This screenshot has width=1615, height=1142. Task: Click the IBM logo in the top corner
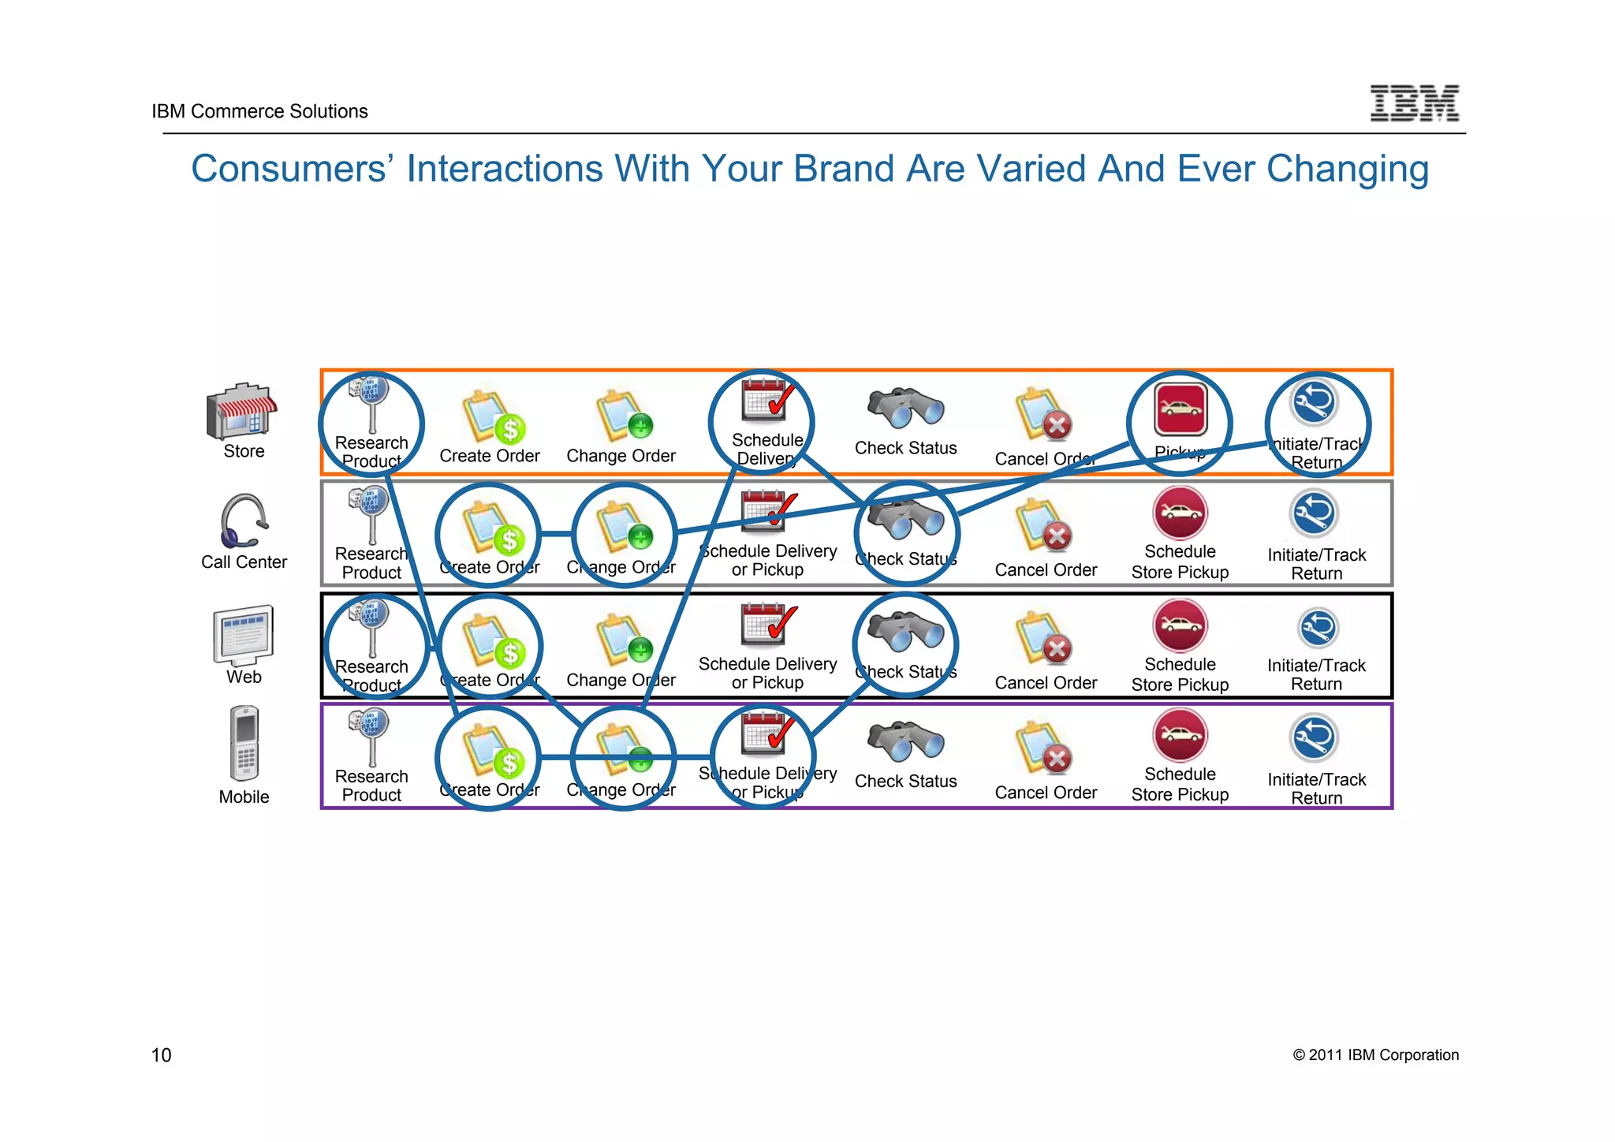(1414, 103)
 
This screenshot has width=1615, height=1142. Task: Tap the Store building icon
(241, 412)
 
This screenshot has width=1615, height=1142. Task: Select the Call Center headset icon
(243, 521)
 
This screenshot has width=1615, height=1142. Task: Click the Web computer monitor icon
(243, 636)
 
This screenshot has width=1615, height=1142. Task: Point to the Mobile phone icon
(244, 744)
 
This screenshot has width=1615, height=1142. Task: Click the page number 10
(161, 1055)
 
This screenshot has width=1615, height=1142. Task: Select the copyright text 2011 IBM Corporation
(1375, 1055)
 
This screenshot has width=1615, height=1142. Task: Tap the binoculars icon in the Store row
(905, 408)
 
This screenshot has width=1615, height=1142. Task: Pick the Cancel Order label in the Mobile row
(1046, 793)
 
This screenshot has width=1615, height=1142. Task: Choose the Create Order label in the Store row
(489, 456)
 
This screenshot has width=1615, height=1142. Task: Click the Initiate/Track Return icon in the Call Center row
(1315, 513)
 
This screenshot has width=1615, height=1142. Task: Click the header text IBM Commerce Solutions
(259, 111)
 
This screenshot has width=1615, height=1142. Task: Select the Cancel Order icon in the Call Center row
(1043, 527)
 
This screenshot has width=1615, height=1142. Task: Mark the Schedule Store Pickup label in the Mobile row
(1180, 785)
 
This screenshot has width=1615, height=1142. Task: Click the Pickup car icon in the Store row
(1180, 409)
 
